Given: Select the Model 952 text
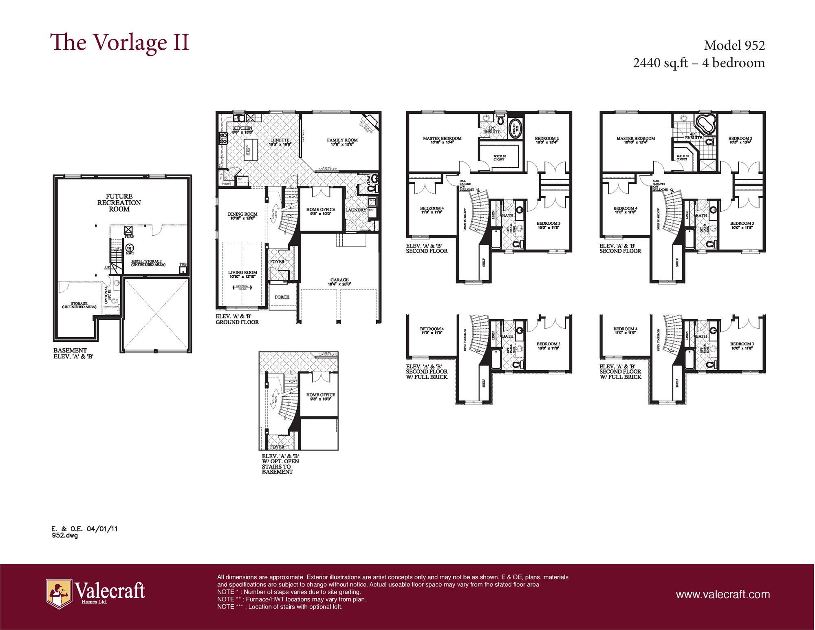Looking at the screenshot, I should [x=734, y=45].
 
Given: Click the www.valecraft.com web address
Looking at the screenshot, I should [x=722, y=594].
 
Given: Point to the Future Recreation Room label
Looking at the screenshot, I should [x=119, y=203].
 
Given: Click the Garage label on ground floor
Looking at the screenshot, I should [x=339, y=281].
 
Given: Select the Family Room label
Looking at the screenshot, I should [x=342, y=140].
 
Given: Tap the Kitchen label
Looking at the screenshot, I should [x=242, y=128].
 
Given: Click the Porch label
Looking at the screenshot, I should [x=282, y=297].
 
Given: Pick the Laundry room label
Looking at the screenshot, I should [x=356, y=210].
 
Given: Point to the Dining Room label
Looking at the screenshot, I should [x=242, y=214].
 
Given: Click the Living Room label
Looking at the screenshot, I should [x=242, y=272].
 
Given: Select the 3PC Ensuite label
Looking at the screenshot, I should [x=492, y=130].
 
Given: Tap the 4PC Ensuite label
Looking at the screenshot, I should [x=693, y=136].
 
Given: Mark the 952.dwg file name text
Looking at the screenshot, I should [x=64, y=536].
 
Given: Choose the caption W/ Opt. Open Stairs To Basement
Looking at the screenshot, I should [x=280, y=464].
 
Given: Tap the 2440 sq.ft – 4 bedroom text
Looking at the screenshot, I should [x=699, y=63].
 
